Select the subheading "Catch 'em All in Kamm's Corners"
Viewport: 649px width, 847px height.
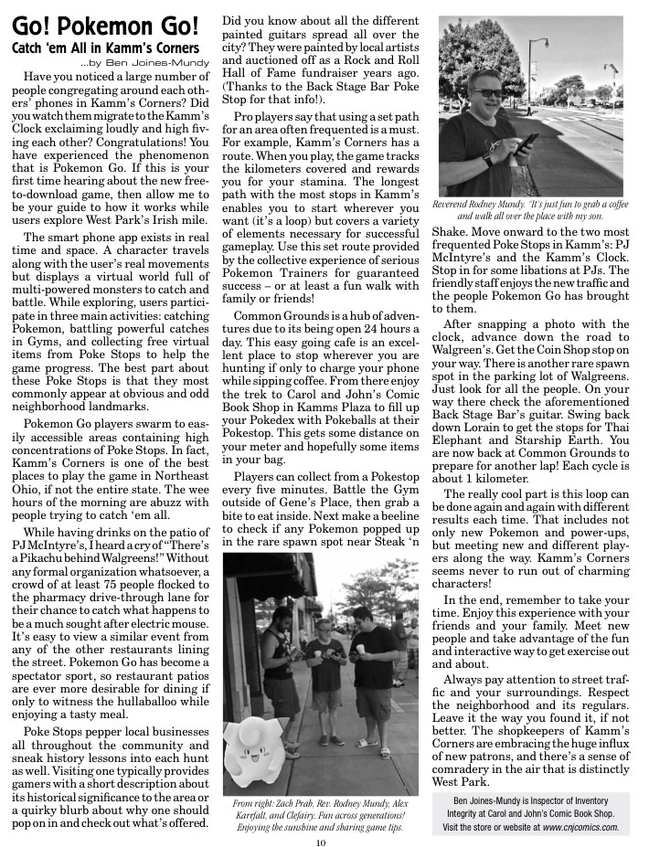(105, 47)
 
